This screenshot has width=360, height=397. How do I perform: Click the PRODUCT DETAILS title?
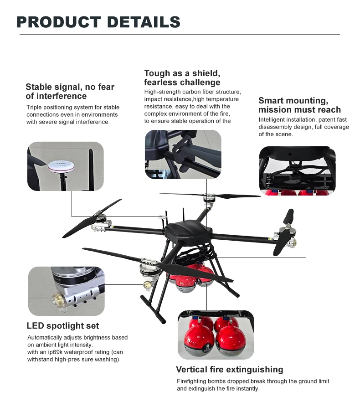pos(98,22)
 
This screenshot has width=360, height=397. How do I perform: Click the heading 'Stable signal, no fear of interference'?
pos(70,91)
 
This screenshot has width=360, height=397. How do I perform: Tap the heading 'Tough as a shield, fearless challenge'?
pos(182,77)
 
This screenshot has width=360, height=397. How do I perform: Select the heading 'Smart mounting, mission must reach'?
pos(299,105)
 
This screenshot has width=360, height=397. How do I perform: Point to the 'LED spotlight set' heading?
pos(63,326)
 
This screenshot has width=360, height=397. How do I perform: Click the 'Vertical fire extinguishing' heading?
pos(230,369)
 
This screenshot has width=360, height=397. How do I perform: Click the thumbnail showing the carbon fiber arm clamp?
pos(183,154)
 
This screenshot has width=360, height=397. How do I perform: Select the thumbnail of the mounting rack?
pos(297,170)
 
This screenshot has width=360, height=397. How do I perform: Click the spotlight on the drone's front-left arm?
pos(147,284)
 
